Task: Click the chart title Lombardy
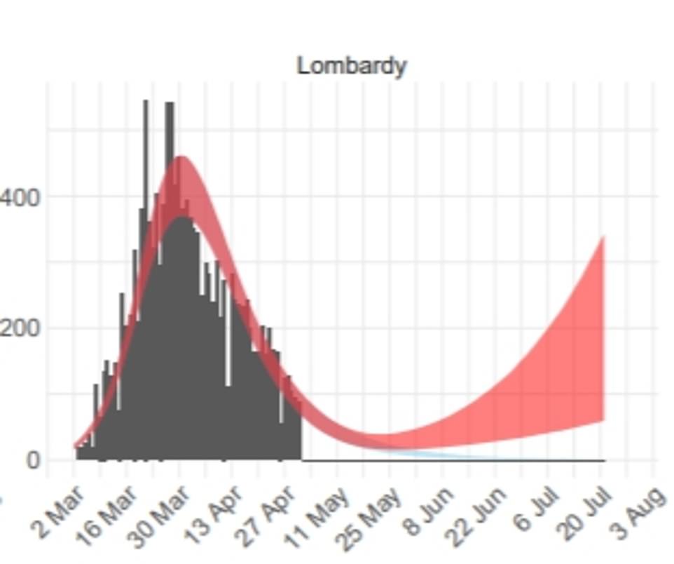point(351,66)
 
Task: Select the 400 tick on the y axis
point(20,197)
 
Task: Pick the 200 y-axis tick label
point(20,328)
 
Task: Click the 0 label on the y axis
point(34,460)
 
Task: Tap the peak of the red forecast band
point(181,159)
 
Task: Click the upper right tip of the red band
point(603,239)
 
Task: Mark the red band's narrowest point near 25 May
point(382,441)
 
